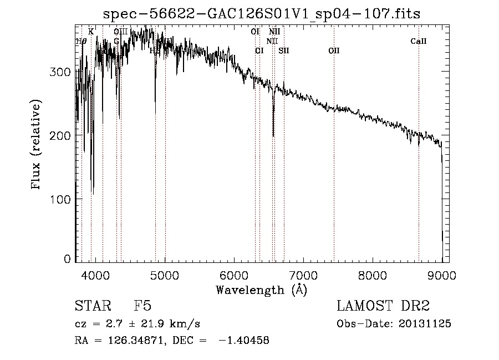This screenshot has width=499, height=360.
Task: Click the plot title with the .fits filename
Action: (262, 14)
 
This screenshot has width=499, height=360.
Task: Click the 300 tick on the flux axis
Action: (76, 72)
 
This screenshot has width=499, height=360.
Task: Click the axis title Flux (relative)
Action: (37, 145)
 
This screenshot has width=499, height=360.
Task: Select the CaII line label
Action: (419, 41)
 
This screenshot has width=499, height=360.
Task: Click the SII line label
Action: (284, 50)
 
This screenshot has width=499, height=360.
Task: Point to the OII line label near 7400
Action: (333, 50)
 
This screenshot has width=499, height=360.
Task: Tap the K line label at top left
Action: (91, 32)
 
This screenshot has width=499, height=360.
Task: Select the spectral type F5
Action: (142, 306)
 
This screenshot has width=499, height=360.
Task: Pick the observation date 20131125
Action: (425, 324)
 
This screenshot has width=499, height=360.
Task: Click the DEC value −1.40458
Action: (244, 341)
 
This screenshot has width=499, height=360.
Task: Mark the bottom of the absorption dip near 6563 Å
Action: (273, 135)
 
